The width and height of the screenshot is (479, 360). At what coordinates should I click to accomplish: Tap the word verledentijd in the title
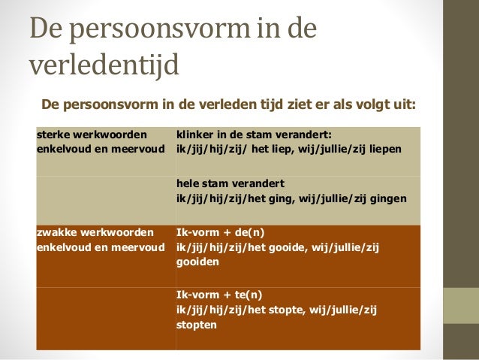point(104,66)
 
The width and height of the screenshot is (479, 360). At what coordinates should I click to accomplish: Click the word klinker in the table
point(194,135)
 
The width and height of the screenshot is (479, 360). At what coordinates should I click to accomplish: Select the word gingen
point(388,198)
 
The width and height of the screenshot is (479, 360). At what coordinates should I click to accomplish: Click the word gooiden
point(197,263)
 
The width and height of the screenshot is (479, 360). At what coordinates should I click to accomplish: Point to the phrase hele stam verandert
point(230,183)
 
